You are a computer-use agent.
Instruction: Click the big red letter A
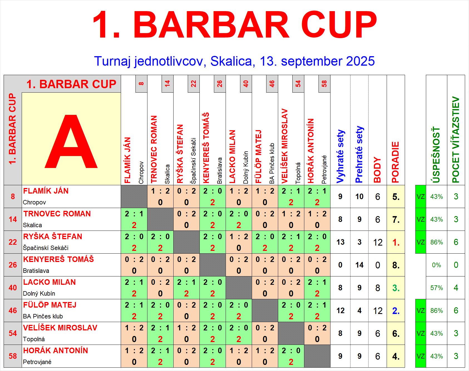coord(71,141)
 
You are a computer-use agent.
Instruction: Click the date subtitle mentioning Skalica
coord(234,61)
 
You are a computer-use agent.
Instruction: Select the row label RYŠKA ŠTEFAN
coord(53,237)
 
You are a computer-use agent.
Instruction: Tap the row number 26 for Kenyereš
coord(13,265)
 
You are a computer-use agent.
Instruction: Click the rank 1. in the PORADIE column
coord(396,243)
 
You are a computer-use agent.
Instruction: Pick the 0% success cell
coord(436,265)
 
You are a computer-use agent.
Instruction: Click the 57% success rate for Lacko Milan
coord(436,288)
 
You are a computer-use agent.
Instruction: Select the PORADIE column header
coord(395,162)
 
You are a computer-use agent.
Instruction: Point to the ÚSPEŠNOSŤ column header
coord(436,155)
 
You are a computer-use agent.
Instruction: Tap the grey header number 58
coord(324,84)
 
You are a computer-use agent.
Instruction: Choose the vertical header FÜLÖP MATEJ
coord(258,157)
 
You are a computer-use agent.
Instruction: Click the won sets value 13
coord(340,242)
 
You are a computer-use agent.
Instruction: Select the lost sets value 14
coord(359,265)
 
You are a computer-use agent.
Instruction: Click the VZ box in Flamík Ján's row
coord(421,197)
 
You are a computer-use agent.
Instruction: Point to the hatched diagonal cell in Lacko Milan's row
coord(239,288)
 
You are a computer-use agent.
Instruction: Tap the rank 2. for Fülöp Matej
coord(396,311)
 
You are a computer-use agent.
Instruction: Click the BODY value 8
coord(377,288)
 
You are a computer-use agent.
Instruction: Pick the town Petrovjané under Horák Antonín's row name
coord(37,362)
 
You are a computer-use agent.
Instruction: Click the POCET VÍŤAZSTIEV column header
coord(456,140)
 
